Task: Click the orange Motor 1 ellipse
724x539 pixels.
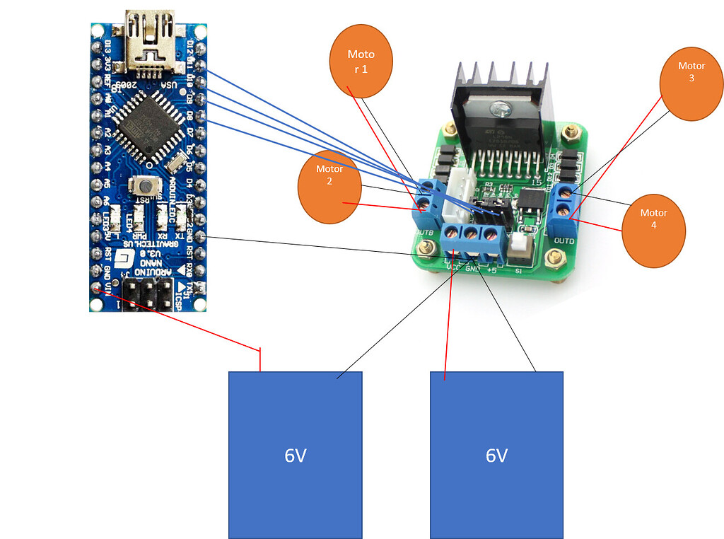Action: [x=361, y=61]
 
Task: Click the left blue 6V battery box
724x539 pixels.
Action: [x=295, y=455]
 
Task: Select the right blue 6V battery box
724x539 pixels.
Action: [x=496, y=455]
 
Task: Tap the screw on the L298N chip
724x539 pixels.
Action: [x=502, y=109]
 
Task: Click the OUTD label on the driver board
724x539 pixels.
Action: [x=564, y=241]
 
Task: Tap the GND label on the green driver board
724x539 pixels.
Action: [x=474, y=269]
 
